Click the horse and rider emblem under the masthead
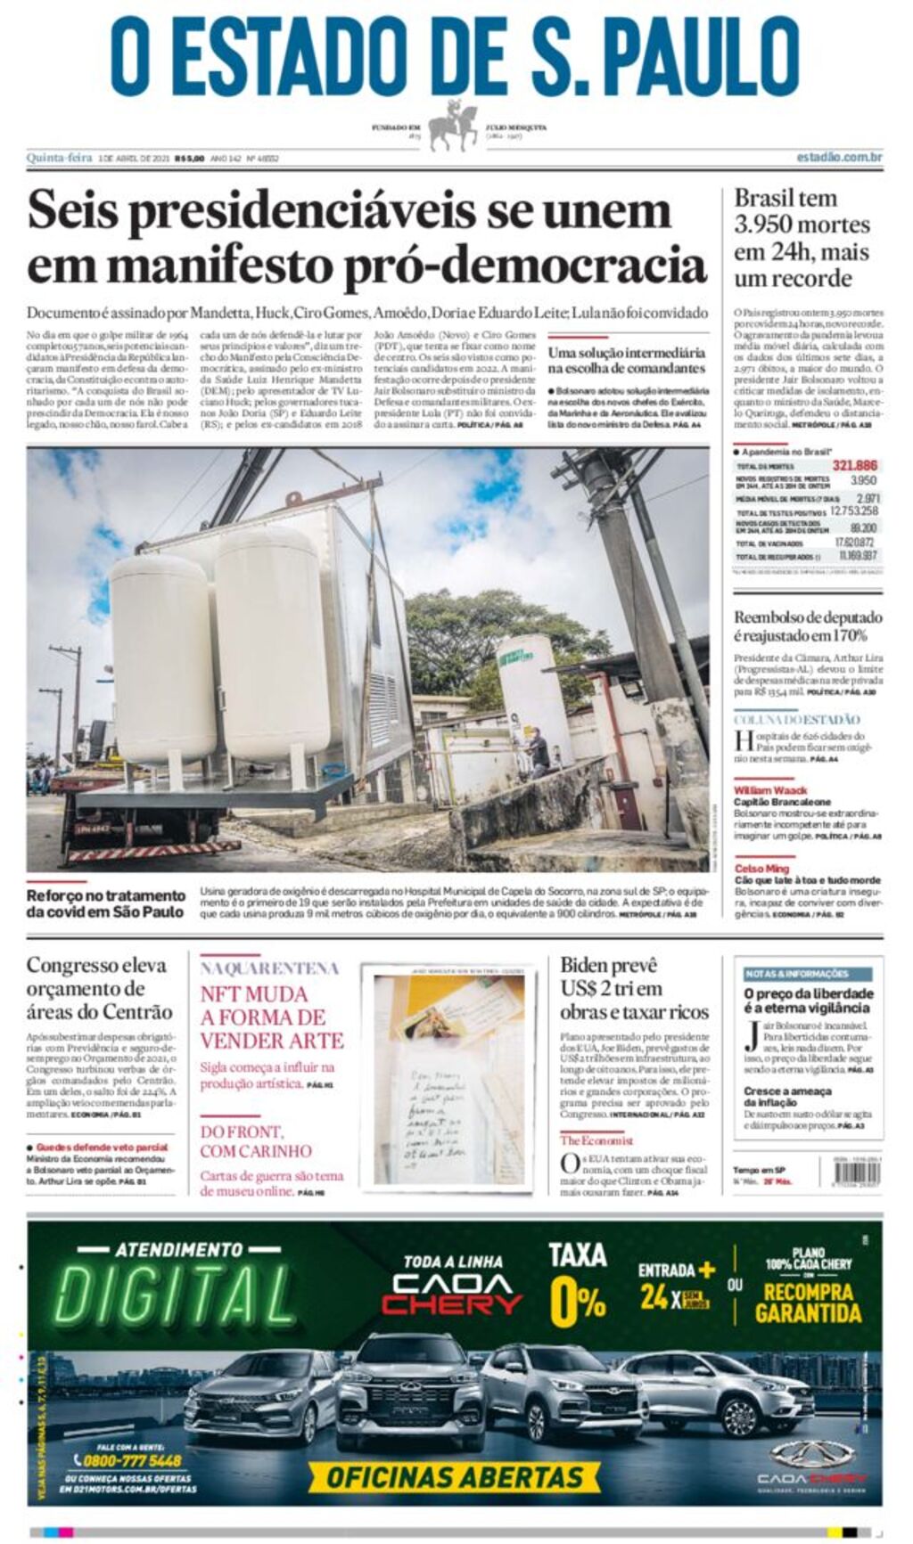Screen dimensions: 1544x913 point(454,127)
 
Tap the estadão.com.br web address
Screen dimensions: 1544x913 point(839,158)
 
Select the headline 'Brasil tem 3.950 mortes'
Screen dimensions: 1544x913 point(801,238)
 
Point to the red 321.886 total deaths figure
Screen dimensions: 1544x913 point(854,465)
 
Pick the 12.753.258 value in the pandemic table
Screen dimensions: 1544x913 point(853,511)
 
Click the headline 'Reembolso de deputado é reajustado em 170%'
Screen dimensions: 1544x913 point(807,625)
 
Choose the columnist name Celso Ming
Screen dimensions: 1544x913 point(761,868)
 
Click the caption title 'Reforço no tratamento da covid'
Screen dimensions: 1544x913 point(105,903)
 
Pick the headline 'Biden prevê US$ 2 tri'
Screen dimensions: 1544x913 point(634,988)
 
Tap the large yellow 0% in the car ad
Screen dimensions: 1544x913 point(577,1302)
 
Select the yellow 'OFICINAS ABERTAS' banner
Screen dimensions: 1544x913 point(454,1476)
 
